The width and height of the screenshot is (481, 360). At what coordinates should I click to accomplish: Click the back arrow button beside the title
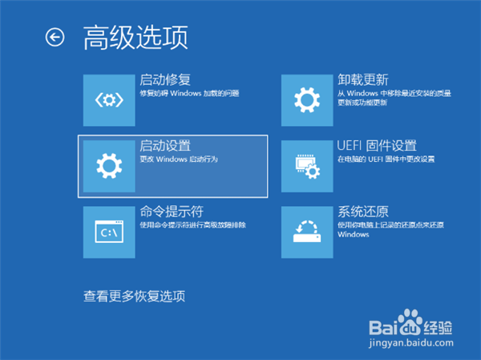click(x=55, y=38)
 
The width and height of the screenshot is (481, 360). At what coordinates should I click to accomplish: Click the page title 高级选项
click(x=135, y=38)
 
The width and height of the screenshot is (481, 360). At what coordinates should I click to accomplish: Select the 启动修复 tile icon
click(x=109, y=100)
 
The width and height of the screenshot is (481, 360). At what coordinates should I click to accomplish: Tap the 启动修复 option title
click(x=165, y=80)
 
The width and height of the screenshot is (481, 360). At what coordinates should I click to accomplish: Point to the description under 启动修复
click(x=189, y=93)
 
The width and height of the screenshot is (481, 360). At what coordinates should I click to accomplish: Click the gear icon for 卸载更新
click(x=307, y=100)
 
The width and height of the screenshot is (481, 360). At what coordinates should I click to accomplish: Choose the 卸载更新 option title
click(x=363, y=80)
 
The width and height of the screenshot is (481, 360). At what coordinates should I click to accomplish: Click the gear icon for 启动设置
click(x=109, y=166)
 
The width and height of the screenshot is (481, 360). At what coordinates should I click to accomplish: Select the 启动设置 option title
click(x=165, y=146)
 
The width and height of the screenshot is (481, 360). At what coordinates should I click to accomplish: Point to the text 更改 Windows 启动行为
click(x=179, y=160)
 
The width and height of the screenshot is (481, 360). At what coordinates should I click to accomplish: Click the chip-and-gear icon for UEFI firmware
click(x=307, y=166)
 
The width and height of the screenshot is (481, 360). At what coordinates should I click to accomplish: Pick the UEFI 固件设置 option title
click(x=377, y=146)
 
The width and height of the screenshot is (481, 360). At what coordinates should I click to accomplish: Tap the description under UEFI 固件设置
click(x=386, y=160)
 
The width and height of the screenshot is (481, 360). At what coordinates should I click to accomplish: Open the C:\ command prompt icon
click(x=109, y=232)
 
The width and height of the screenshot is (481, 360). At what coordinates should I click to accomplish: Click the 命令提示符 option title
click(x=172, y=212)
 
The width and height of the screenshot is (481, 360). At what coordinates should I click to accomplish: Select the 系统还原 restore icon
click(x=307, y=232)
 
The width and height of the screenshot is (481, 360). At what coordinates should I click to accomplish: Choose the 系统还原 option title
click(x=363, y=212)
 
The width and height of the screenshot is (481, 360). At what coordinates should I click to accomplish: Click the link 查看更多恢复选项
click(x=135, y=297)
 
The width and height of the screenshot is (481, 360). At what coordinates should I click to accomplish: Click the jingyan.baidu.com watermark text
click(x=411, y=343)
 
